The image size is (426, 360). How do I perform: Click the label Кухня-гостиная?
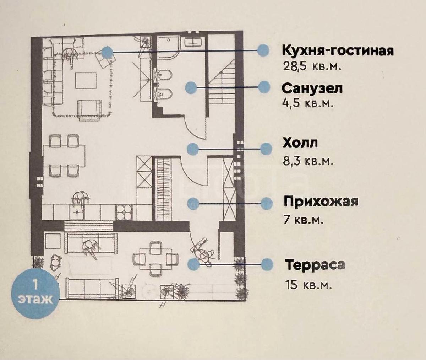pyautogui.click(x=338, y=51)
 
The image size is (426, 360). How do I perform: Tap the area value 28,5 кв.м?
pyautogui.click(x=312, y=66)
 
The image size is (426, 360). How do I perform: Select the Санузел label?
pyautogui.click(x=312, y=88)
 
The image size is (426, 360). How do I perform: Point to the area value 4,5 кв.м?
pyautogui.click(x=308, y=103)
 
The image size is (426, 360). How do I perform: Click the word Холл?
pyautogui.click(x=300, y=143)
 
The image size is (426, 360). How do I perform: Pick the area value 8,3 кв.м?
pyautogui.click(x=308, y=161)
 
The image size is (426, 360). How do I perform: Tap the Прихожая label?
pyautogui.click(x=321, y=202)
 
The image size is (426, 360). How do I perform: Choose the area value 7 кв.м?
pyautogui.click(x=304, y=220)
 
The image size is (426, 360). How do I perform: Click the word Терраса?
pyautogui.click(x=315, y=265)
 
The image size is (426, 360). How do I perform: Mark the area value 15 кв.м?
pyautogui.click(x=308, y=285)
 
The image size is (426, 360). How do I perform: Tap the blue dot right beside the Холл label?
pyautogui.click(x=266, y=149)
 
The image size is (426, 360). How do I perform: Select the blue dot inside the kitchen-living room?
pyautogui.click(x=107, y=52)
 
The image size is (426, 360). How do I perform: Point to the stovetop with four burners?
pyautogui.click(x=124, y=212)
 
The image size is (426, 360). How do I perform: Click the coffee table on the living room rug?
pyautogui.click(x=85, y=81)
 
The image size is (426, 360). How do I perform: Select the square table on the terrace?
pyautogui.click(x=155, y=259)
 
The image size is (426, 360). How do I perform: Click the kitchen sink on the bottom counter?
pyautogui.click(x=77, y=212)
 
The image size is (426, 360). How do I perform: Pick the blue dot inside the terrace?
pyautogui.click(x=193, y=263)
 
